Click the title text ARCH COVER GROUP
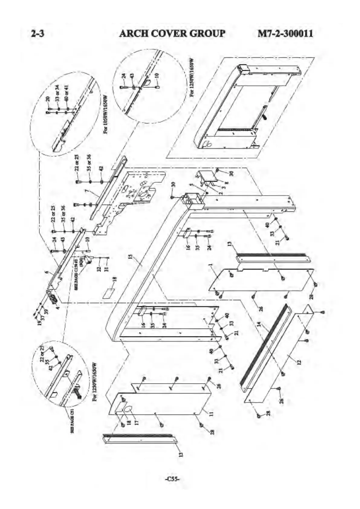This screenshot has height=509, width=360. [x=172, y=33]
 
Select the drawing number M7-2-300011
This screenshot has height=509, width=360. [x=285, y=33]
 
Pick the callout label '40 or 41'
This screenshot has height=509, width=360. [x=67, y=92]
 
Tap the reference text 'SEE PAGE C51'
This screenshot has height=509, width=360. [x=73, y=422]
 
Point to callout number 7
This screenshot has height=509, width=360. [x=86, y=191]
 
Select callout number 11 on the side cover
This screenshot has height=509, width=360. [x=211, y=413]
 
